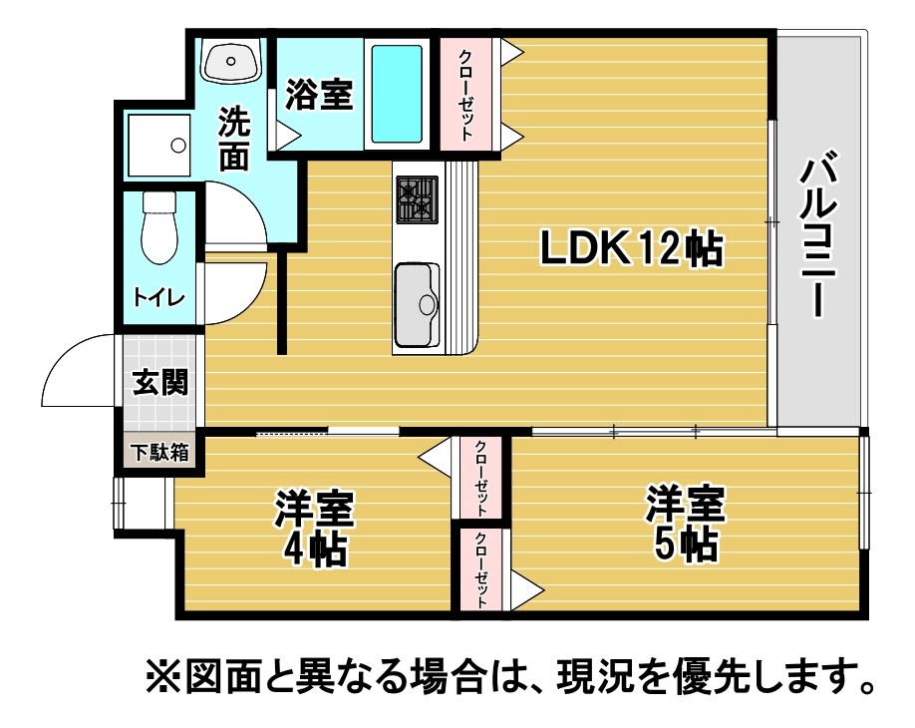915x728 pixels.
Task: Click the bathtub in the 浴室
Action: click(x=397, y=94)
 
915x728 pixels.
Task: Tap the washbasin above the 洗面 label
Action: click(x=231, y=61)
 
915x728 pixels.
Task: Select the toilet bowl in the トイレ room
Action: click(x=159, y=227)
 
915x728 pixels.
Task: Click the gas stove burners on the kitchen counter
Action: click(x=418, y=199)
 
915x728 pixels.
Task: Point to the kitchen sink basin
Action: click(x=417, y=305)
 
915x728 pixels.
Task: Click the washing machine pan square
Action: click(x=158, y=145)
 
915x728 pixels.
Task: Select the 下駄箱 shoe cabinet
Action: click(x=159, y=452)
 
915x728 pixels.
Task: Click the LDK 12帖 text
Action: click(x=631, y=248)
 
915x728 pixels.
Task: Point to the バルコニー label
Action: click(x=818, y=233)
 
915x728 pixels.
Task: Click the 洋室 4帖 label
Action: click(x=315, y=529)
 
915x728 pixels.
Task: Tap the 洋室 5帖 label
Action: click(x=685, y=524)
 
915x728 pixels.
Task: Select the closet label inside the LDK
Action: click(x=465, y=95)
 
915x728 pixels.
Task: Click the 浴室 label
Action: click(x=319, y=95)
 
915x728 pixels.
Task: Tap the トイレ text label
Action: click(x=159, y=297)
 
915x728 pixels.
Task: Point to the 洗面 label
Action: click(x=234, y=139)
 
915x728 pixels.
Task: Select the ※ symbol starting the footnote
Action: click(x=163, y=678)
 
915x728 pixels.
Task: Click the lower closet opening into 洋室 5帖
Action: click(x=480, y=569)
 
